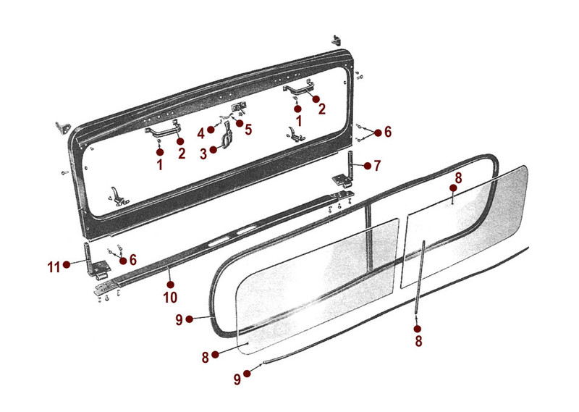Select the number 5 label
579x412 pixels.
(248, 130)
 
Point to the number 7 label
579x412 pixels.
(377, 166)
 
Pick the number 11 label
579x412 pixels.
(53, 266)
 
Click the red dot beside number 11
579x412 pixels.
(67, 266)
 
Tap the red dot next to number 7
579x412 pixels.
(367, 166)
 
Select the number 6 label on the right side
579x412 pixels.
(388, 132)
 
